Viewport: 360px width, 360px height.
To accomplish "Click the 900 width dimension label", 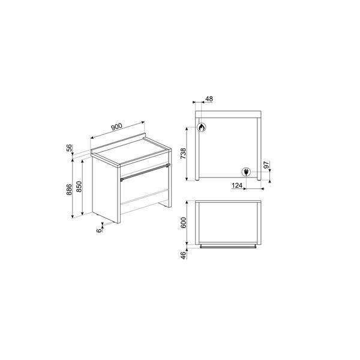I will (x=116, y=127).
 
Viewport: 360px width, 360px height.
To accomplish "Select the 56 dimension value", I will (x=70, y=148).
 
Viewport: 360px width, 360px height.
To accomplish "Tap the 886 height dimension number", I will (x=70, y=190).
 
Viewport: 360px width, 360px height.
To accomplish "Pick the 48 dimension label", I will (x=209, y=99).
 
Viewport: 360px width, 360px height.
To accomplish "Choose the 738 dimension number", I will (x=190, y=154).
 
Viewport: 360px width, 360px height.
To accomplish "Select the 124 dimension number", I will (x=237, y=186).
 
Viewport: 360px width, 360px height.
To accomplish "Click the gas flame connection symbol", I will (x=202, y=127).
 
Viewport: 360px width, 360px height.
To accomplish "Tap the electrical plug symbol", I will (x=245, y=172).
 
